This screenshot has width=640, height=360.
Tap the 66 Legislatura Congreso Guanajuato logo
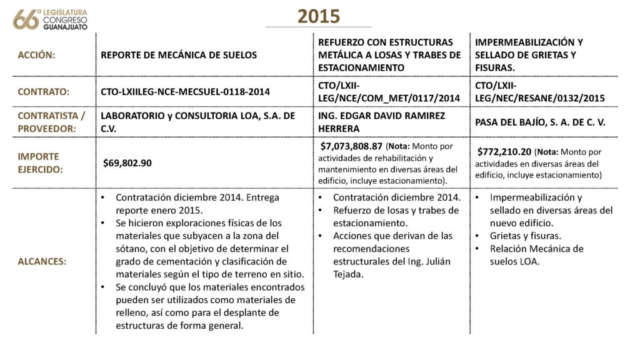[50, 19]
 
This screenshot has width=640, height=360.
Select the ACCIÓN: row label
[36, 55]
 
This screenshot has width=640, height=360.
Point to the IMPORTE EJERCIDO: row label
[39, 162]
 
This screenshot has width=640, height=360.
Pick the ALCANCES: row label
[42, 261]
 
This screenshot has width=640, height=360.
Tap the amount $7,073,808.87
[351, 146]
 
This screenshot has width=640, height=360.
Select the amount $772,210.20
[504, 151]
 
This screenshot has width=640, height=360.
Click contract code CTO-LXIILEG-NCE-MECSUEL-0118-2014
[185, 92]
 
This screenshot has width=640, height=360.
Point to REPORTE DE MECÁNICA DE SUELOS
[179, 55]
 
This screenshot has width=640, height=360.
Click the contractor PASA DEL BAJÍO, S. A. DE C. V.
[540, 122]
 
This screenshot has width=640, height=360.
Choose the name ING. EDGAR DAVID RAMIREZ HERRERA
[380, 122]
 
